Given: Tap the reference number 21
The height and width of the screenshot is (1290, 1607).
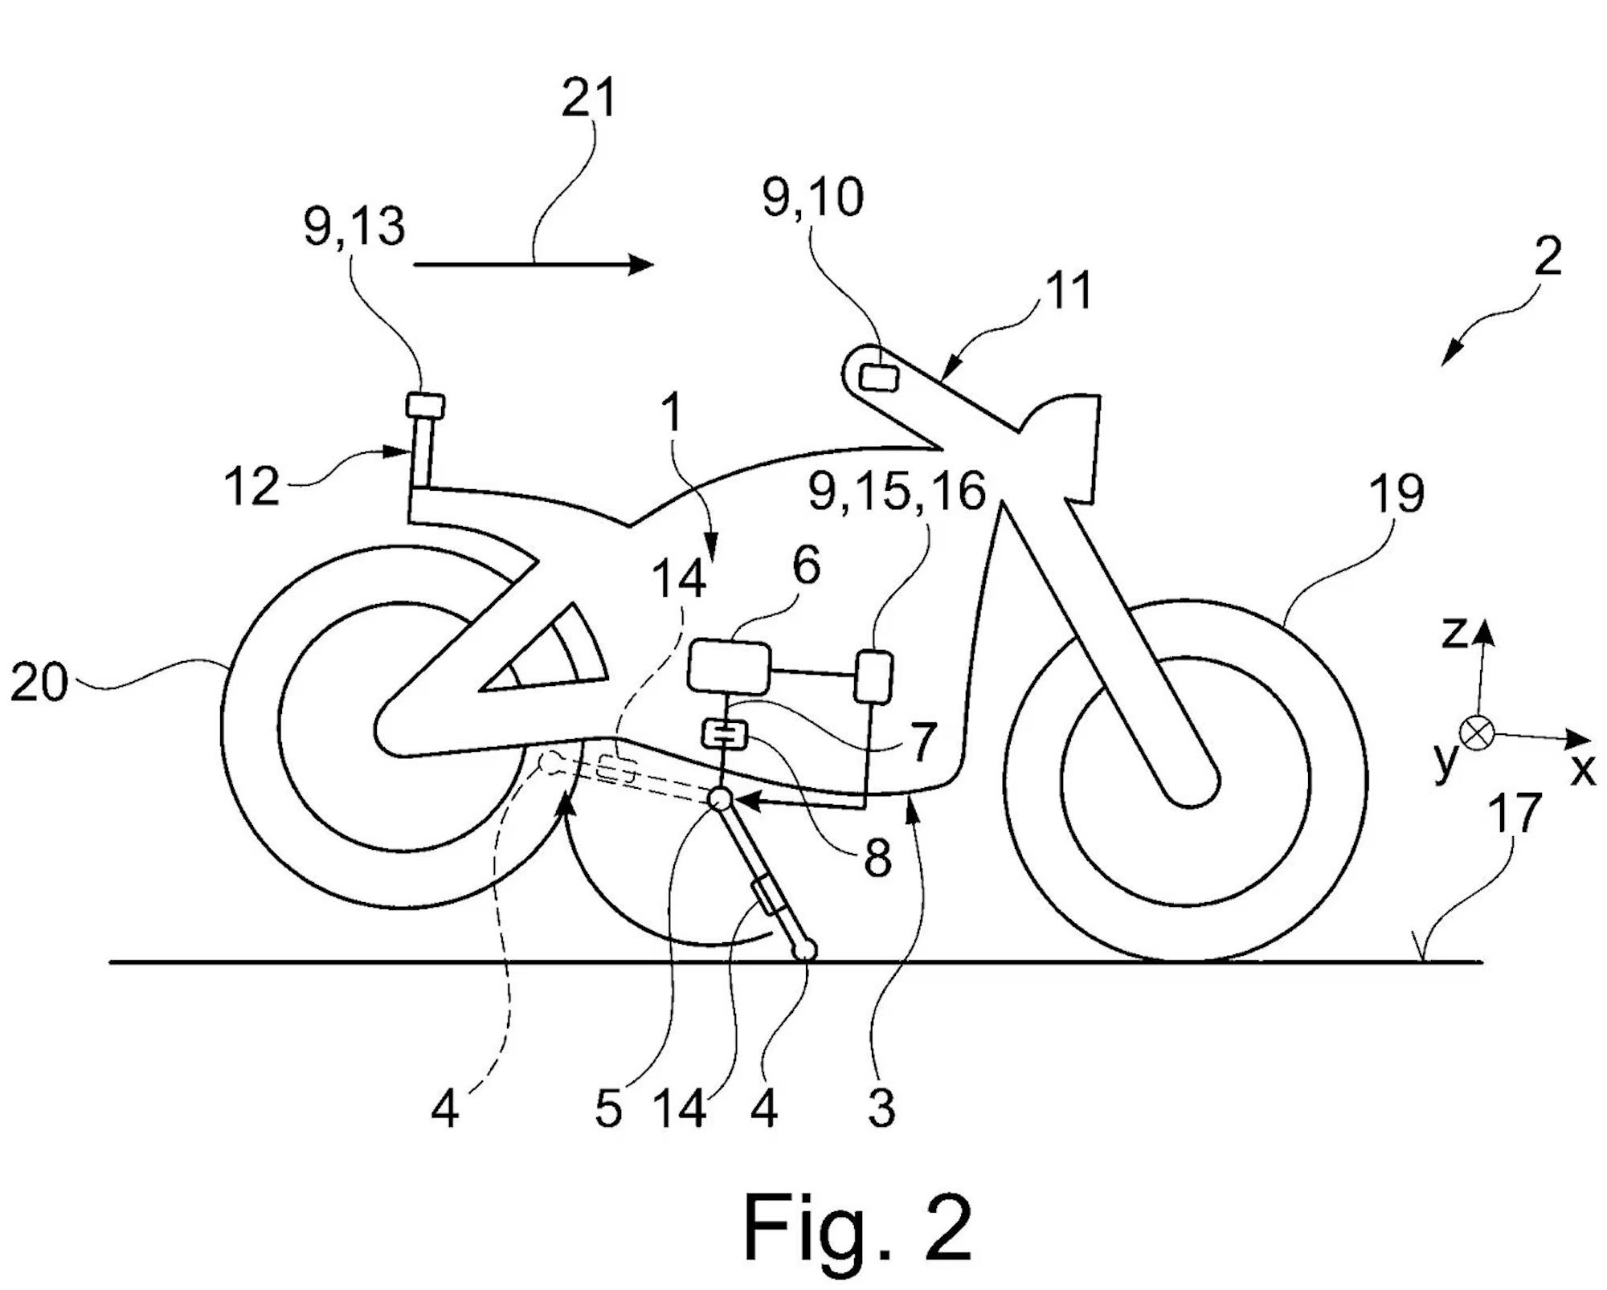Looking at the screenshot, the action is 589,99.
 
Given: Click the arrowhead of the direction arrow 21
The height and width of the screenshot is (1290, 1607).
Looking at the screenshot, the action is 641,263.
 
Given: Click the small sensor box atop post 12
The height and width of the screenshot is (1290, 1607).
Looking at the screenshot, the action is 425,406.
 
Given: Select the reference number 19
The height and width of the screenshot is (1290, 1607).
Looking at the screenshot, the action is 1396,493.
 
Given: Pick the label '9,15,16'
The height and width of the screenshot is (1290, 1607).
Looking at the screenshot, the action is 897,491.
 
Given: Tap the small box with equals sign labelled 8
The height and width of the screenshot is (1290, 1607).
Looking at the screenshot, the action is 726,733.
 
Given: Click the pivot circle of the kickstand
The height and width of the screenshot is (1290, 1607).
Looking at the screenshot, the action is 719,798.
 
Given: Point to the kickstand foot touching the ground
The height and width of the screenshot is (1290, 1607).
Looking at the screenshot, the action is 804,951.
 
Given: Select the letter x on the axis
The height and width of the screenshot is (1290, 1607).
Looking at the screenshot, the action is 1583,770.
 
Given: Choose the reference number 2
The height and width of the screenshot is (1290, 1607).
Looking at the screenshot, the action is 1548,256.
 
